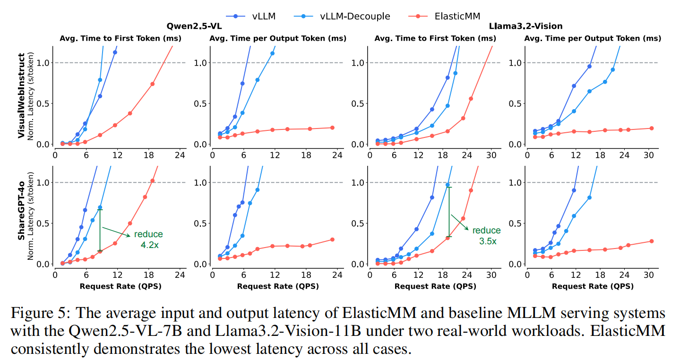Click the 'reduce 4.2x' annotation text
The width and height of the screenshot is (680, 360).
click(148, 239)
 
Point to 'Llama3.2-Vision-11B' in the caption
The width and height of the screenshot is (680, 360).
click(268, 331)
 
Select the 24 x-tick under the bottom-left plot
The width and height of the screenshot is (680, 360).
click(180, 274)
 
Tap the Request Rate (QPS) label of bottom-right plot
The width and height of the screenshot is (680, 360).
click(593, 286)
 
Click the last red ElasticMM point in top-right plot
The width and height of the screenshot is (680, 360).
click(651, 128)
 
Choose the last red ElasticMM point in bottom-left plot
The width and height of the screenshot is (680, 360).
click(152, 181)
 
